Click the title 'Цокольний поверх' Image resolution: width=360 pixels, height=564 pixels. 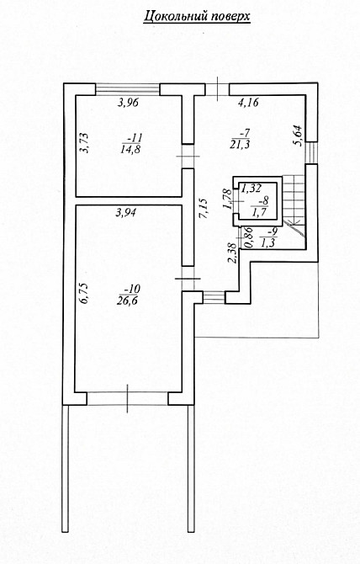coord(197,17)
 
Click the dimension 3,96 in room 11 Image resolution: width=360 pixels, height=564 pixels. coord(128,103)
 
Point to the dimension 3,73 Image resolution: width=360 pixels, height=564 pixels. coord(84,143)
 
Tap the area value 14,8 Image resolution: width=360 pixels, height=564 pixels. coord(131,150)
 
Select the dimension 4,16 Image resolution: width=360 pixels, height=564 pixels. coord(248,103)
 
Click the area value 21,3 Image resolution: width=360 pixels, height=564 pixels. coord(240,144)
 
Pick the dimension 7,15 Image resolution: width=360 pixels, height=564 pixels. coord(203,208)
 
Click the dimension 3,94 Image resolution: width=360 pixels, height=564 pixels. coord(125,213)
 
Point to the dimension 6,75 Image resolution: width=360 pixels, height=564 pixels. coord(84,294)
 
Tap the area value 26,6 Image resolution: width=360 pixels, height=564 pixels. coord(127,301)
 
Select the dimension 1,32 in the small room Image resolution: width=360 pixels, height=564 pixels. coord(251,188)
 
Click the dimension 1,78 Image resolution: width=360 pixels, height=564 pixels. coord(227,200)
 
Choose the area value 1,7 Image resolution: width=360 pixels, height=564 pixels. coord(259,212)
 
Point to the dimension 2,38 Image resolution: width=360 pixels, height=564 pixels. coord(233,253)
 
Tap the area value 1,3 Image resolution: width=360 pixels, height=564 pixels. coord(267,243)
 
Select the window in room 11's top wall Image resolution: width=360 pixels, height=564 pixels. coord(128,89)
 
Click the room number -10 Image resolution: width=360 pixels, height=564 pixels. coord(131,289)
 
